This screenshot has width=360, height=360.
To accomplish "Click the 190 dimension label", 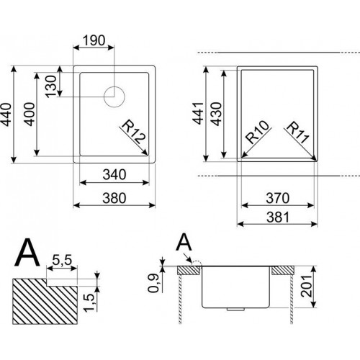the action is (x=94, y=40).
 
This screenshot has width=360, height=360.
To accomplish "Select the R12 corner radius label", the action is (x=134, y=132).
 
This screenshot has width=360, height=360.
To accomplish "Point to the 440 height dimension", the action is (x=6, y=114).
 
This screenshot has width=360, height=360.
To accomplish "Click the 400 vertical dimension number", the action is (x=30, y=114).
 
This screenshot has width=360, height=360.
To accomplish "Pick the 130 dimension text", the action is (x=51, y=86).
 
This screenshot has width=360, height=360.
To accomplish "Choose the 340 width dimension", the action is (x=114, y=175).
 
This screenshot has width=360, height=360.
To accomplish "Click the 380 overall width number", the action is (x=114, y=198).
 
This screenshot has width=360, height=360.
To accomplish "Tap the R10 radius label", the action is (x=257, y=132).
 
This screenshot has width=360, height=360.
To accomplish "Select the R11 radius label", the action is (x=297, y=132).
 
